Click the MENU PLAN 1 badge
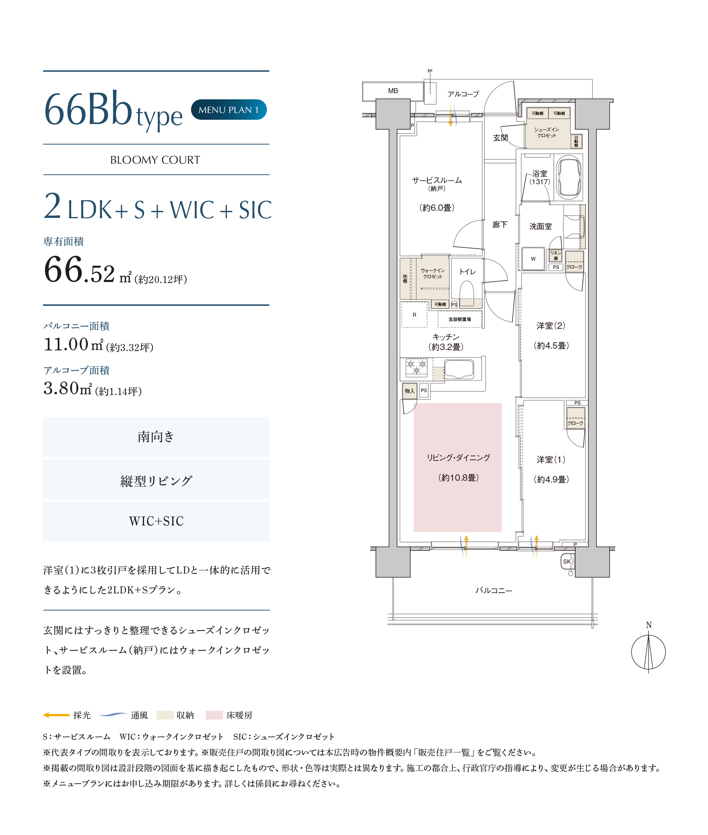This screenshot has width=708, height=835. click(x=229, y=110)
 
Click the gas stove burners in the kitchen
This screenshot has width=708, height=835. click(x=417, y=367)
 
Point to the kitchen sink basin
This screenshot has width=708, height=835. click(x=459, y=369)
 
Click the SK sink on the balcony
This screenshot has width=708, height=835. click(x=567, y=562)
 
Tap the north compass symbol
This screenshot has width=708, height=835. click(x=648, y=651)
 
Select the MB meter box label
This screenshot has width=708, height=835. click(x=393, y=91)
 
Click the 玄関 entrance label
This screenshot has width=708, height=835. click(x=500, y=138)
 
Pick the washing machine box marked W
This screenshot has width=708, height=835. click(x=533, y=259)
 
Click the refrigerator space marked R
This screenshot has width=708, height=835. click(x=414, y=315)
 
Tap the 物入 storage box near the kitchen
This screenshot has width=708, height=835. click(x=409, y=391)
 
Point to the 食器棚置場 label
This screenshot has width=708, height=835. click(x=459, y=319)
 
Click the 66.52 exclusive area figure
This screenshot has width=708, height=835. click(x=79, y=270)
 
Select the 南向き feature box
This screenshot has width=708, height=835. click(x=156, y=436)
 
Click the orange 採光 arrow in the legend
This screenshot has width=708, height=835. click(x=56, y=715)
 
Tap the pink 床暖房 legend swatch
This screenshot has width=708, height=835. click(x=214, y=715)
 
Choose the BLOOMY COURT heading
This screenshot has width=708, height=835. click(x=155, y=160)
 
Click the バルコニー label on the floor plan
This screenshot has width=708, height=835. click(x=494, y=591)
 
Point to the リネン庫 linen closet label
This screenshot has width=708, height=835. click(x=555, y=255)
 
